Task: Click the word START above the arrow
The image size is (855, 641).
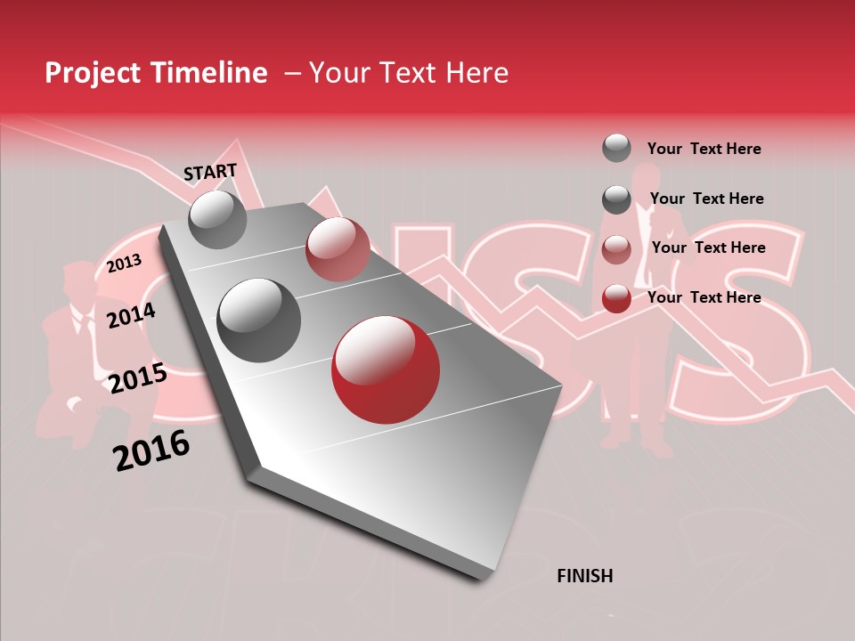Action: point(210,172)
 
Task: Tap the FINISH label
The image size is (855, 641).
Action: point(584,576)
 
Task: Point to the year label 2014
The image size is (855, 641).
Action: point(131,315)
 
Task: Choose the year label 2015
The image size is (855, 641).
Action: point(137,378)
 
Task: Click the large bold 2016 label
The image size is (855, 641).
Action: point(151,450)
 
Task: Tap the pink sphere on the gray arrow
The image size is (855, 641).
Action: point(337,249)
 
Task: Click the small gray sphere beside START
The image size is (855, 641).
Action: point(217,219)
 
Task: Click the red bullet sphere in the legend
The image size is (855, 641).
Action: point(616,299)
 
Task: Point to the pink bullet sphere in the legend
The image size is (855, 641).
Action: point(616,249)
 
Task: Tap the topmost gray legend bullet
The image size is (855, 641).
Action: point(616,148)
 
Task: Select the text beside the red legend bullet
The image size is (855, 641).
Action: point(704,297)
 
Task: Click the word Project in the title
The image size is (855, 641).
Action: point(94,73)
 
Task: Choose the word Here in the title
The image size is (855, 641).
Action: point(476,73)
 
